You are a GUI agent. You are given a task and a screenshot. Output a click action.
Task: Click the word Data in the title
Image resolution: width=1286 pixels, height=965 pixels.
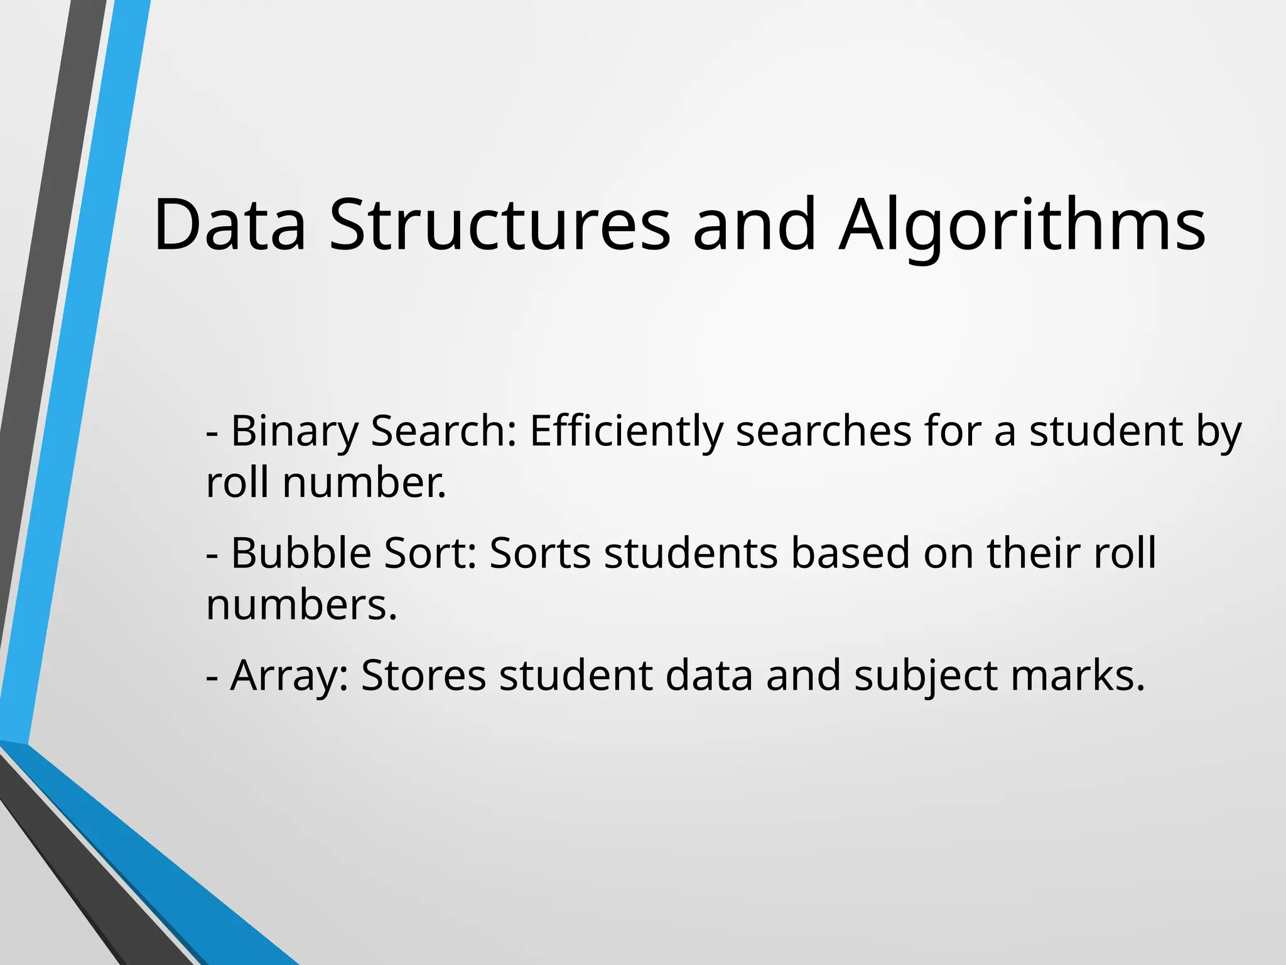[x=229, y=225]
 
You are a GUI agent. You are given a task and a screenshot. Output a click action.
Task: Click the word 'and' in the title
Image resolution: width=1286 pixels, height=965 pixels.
[x=754, y=225]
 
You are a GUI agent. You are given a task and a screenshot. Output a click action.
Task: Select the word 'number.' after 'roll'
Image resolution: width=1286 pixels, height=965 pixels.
[x=364, y=484]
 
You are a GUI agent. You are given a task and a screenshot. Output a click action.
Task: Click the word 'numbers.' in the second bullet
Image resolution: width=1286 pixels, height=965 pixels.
[x=301, y=605]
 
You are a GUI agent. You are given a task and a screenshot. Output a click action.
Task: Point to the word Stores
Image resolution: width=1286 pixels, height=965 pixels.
[x=423, y=676]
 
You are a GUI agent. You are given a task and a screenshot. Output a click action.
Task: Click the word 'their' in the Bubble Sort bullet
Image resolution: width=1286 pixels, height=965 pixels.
[x=1034, y=553]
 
